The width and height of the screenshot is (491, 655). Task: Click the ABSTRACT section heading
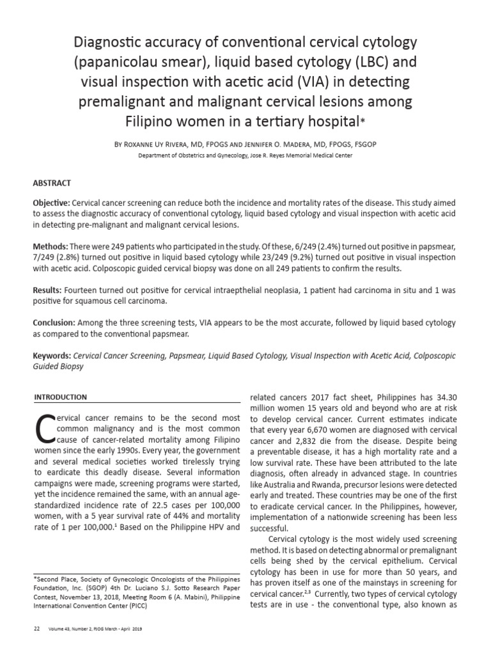(x=54, y=182)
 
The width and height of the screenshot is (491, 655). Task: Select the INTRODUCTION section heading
(x=61, y=397)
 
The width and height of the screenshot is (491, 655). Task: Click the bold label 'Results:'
(x=49, y=290)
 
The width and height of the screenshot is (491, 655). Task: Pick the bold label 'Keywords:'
(x=52, y=356)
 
